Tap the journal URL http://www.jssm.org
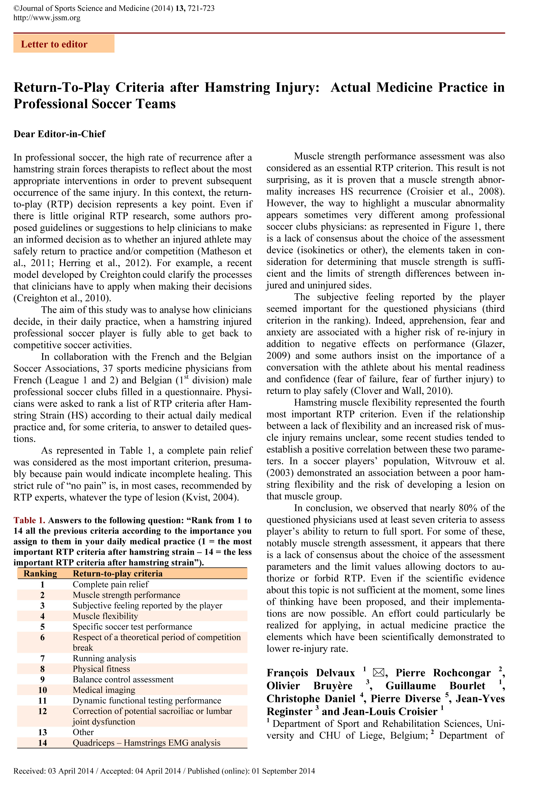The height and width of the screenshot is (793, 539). (x=47, y=18)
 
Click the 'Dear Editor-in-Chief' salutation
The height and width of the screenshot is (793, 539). (x=60, y=134)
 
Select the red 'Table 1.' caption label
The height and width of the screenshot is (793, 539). (x=29, y=520)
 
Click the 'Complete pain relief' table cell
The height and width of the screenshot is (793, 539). (x=111, y=584)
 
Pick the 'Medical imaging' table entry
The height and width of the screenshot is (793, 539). (x=104, y=690)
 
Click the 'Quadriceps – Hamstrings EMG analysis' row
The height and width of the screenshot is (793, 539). (x=146, y=743)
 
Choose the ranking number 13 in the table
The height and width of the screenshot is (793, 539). (x=42, y=732)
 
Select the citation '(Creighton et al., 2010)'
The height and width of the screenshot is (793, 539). (x=62, y=298)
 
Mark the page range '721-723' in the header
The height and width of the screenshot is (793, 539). (x=201, y=8)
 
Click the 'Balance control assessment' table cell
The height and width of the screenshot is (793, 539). (x=123, y=679)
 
